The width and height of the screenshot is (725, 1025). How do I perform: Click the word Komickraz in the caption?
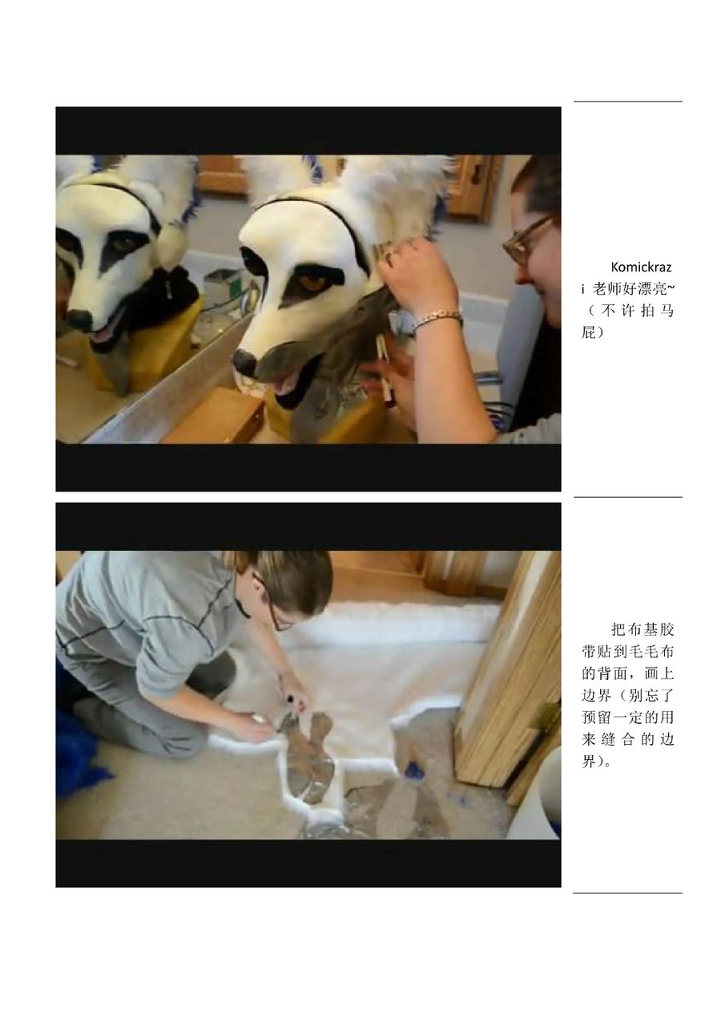pos(641,267)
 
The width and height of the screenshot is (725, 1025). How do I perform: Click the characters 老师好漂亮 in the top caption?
pos(629,289)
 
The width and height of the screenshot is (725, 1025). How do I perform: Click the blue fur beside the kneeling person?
pos(79,754)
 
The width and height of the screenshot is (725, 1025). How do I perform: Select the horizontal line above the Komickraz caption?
pos(627,101)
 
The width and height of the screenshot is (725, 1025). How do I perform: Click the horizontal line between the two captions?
pos(627,497)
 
